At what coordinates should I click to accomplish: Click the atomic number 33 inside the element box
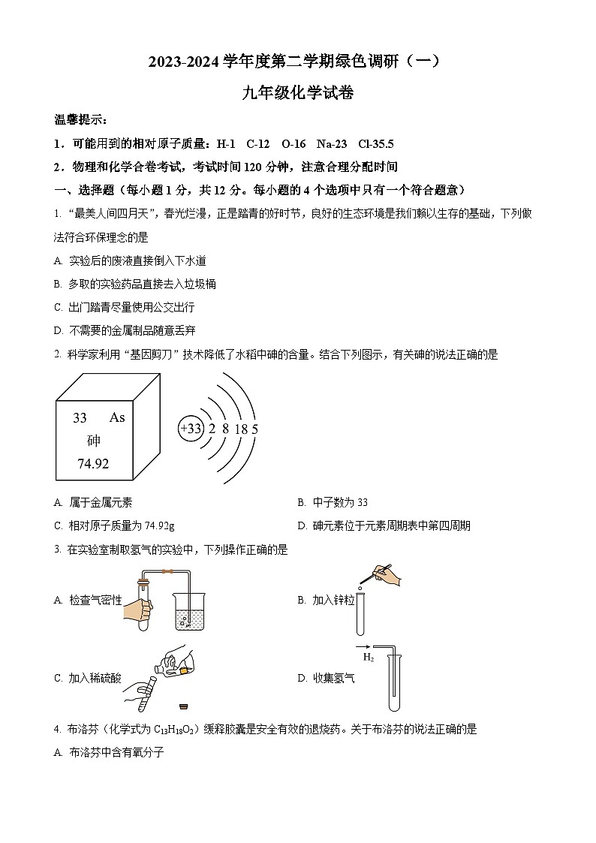80,418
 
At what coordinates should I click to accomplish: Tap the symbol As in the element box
117,417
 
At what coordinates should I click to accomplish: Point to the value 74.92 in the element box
93,464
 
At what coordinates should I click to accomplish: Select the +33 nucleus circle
191,429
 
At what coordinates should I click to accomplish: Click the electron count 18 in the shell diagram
241,429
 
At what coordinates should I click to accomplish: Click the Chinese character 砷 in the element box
94,441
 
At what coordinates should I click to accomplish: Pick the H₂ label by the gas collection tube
369,658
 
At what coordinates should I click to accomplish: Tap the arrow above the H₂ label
363,646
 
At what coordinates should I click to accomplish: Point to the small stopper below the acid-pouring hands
182,706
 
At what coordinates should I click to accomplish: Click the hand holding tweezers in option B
387,574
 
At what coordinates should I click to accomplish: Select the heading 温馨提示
81,119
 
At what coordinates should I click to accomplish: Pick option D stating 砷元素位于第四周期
384,525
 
